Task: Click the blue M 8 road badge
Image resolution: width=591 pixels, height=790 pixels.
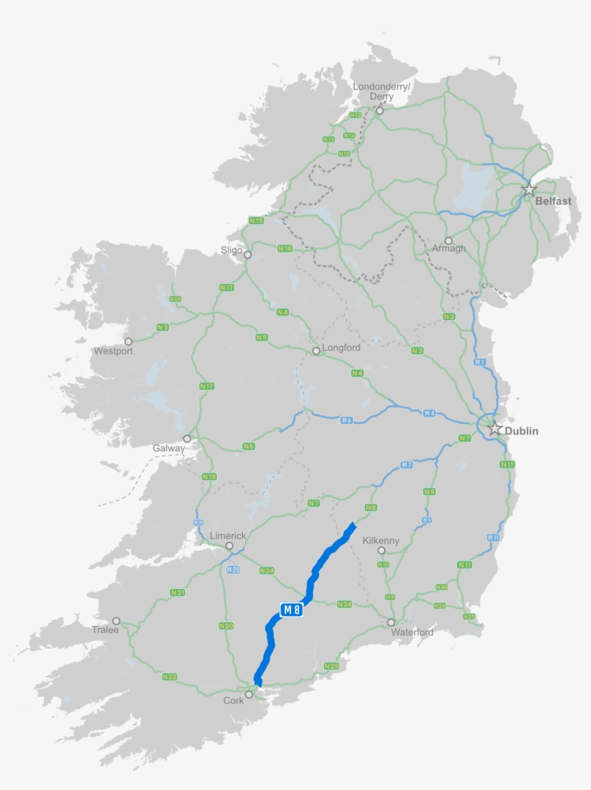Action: [x=291, y=611]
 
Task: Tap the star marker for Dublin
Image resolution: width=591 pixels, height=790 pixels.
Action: [x=494, y=428]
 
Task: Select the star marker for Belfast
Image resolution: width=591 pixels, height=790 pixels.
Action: [x=529, y=190]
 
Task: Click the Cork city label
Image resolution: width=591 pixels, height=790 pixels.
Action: [x=234, y=701]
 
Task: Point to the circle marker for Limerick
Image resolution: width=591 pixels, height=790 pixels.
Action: [x=229, y=546]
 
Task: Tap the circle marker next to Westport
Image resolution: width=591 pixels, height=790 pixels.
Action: [x=128, y=342]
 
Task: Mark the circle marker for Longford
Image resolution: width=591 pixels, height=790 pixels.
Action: [x=316, y=351]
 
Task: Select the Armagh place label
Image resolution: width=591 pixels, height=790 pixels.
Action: [x=448, y=249]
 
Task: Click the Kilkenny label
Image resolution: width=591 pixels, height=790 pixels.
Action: [x=381, y=541]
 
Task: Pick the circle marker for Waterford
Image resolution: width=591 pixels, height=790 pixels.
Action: [x=391, y=622]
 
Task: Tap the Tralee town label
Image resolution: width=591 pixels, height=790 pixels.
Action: [x=105, y=630]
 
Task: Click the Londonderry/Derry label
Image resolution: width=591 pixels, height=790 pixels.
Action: [x=381, y=92]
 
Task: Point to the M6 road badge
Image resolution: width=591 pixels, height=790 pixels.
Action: [x=346, y=420]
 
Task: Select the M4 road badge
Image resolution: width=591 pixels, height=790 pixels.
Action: [x=430, y=413]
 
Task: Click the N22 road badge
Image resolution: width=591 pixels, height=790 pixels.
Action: [x=169, y=677]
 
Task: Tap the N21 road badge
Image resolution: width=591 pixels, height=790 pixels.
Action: [x=177, y=592]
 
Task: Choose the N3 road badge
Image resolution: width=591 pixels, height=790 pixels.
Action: [x=417, y=350]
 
